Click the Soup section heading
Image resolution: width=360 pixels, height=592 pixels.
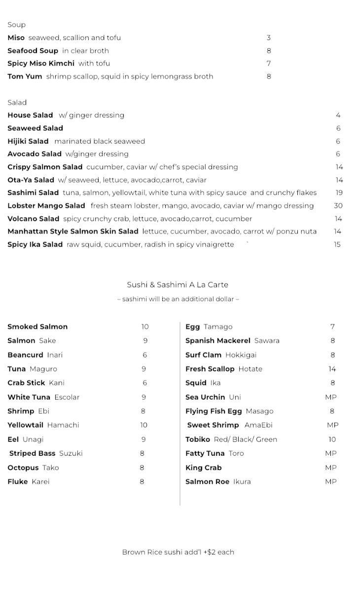[x=16, y=25]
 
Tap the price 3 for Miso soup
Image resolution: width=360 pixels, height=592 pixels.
[x=269, y=37]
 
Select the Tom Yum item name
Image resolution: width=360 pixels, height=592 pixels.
[x=25, y=76]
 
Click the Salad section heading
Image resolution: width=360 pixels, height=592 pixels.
[x=17, y=103]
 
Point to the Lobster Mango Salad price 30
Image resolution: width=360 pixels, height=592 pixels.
[x=338, y=206]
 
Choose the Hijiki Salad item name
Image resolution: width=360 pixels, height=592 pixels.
[x=28, y=141]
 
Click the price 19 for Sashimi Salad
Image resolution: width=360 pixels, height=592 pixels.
[x=338, y=193]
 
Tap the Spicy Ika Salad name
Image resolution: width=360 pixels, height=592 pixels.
[x=35, y=245]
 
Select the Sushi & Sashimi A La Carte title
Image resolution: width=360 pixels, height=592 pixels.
[x=178, y=285]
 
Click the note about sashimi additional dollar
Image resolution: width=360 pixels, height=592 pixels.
[x=178, y=299]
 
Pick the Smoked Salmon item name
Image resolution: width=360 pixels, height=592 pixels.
[x=37, y=327]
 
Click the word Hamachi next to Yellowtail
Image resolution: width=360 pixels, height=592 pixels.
[x=63, y=425]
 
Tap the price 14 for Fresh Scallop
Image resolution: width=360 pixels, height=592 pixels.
[x=332, y=369]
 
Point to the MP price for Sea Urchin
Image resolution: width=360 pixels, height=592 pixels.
[x=330, y=397]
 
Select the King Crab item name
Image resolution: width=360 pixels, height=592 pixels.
[x=203, y=468]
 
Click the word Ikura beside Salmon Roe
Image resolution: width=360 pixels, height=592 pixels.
[x=242, y=482]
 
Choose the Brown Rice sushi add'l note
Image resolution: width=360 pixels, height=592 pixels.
[x=178, y=552]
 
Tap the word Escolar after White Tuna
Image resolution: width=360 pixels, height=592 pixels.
[x=67, y=397]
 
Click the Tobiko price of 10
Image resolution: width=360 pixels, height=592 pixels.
[x=332, y=440]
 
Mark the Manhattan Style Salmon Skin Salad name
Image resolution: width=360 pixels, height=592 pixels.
[x=73, y=231]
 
